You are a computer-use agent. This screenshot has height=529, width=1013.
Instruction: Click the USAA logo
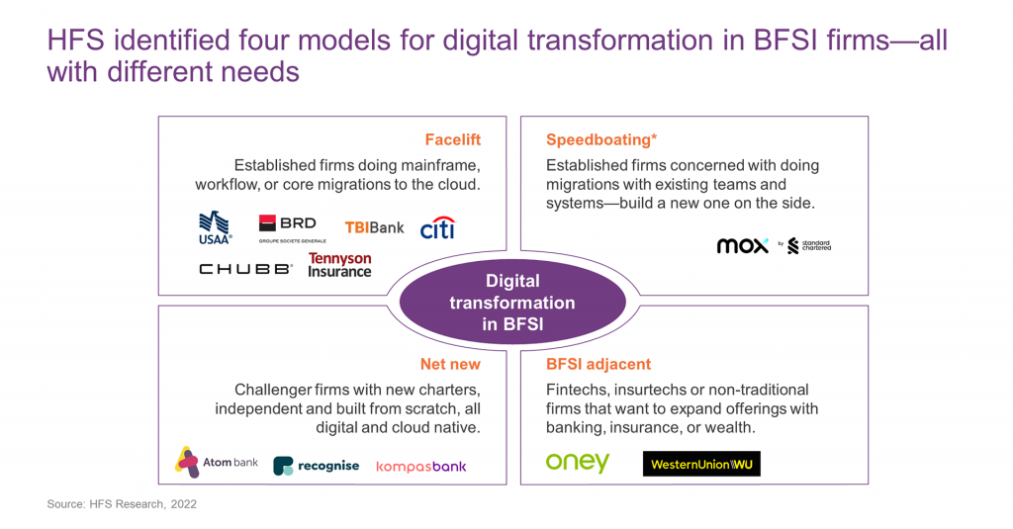(215, 227)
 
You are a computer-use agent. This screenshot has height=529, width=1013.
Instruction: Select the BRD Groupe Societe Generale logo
(287, 227)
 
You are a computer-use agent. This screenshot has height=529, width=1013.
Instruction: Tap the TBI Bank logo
(374, 227)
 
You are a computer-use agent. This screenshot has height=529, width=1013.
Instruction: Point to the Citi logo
(437, 227)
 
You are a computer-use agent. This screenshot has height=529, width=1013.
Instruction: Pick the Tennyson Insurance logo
(339, 265)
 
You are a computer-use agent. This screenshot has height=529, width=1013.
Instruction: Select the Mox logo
(742, 246)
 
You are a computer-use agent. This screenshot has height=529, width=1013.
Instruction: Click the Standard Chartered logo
(809, 246)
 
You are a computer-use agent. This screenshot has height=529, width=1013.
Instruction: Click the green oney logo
(578, 463)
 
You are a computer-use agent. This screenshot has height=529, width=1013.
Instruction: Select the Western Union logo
(701, 464)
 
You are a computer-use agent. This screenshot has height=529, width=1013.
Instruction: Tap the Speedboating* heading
(601, 139)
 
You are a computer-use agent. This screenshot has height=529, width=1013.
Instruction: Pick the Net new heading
(450, 364)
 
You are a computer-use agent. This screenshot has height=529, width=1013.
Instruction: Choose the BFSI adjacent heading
(599, 364)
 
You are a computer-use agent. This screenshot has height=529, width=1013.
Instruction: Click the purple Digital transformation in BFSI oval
(512, 303)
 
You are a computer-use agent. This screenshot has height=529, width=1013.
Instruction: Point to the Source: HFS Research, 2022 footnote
(122, 504)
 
